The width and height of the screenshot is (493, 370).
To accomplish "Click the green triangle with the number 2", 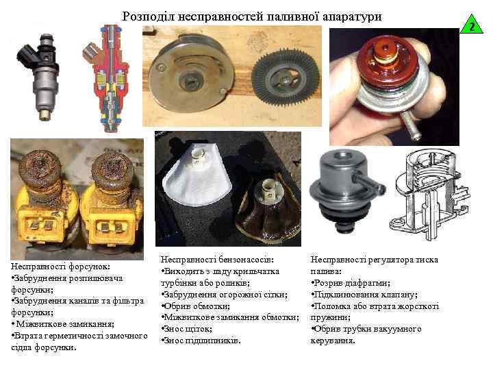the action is coord(471,26).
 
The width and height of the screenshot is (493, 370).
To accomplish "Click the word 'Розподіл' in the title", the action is coord(148,16).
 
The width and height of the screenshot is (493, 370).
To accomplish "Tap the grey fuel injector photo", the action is coord(40,77).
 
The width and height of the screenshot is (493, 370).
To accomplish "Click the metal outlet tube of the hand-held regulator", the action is coord(410,126).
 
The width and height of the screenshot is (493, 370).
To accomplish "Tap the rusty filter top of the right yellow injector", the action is coord(112,170).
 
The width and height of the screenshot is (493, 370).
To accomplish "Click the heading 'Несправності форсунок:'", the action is coord(60,267).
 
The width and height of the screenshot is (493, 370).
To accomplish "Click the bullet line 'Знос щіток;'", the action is coord(188,329).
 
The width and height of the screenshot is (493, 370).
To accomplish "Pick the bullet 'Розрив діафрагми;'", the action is coord(351,283).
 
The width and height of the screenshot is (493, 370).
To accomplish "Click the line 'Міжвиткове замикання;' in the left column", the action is coord(63,323).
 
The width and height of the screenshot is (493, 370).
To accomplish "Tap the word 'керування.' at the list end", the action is coord(333,341).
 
